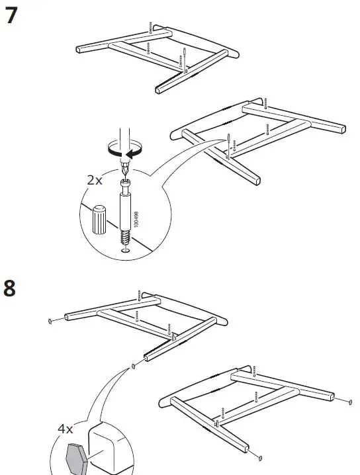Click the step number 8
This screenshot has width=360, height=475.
(x=11, y=290)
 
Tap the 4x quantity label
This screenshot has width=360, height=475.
(x=65, y=429)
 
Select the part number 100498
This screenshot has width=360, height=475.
(x=136, y=213)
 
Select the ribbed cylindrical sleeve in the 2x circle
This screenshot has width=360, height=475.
(x=99, y=219)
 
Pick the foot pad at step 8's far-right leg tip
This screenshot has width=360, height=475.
(x=349, y=401)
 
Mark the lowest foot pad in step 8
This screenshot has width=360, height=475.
(x=260, y=456)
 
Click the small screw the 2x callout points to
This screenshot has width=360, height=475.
(x=229, y=139)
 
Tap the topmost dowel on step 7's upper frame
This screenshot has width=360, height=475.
(x=152, y=28)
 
